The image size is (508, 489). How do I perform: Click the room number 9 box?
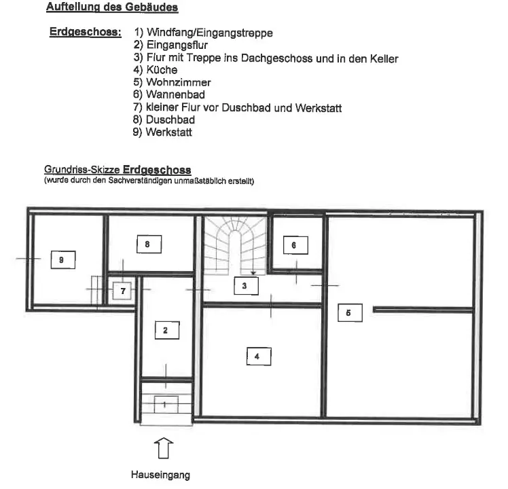[x=62, y=259]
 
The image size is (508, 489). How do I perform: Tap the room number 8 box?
[x=147, y=244]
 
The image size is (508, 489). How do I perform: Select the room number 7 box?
[x=123, y=291]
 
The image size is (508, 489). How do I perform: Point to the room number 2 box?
[x=166, y=330]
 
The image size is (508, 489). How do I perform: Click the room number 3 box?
[x=245, y=286]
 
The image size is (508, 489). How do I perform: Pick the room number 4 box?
[x=257, y=355]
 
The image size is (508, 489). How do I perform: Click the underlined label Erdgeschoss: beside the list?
[x=85, y=33]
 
